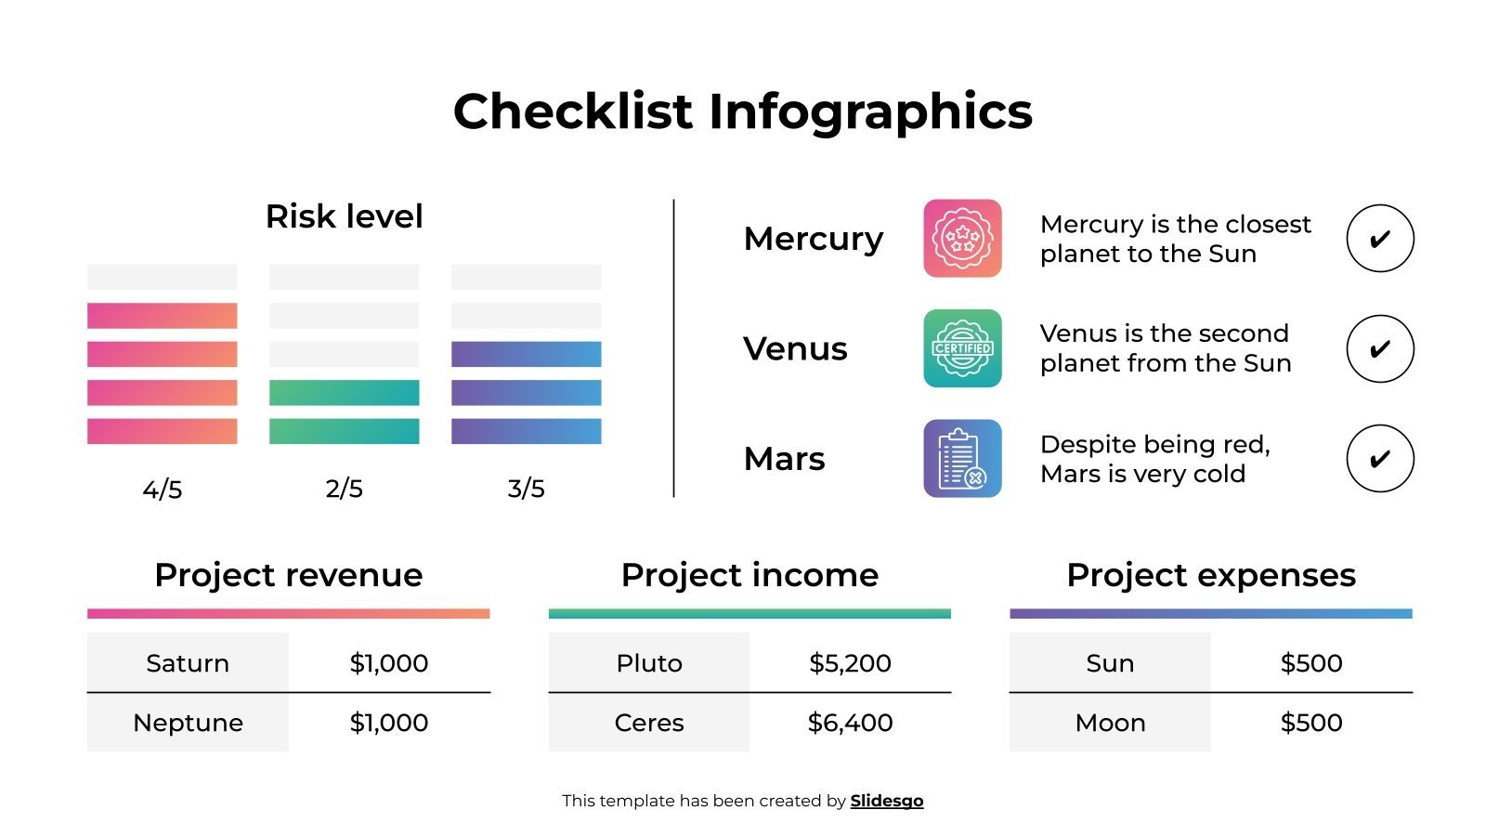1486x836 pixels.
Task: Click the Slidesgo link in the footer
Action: click(x=886, y=801)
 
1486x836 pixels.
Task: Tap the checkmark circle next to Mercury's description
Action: click(x=1379, y=239)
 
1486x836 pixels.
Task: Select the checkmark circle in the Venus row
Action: click(x=1379, y=348)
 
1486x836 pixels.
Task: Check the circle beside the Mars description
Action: click(x=1379, y=459)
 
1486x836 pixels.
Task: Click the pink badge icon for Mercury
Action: click(x=962, y=239)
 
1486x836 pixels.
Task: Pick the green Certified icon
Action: click(x=962, y=348)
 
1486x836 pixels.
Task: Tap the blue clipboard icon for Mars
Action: click(x=962, y=459)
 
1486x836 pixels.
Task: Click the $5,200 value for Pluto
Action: click(x=850, y=663)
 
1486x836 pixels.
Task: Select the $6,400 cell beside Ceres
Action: click(x=850, y=723)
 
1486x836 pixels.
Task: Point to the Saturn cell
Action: click(x=188, y=663)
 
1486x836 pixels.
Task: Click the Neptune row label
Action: click(x=188, y=723)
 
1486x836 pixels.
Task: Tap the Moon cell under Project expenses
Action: click(x=1110, y=723)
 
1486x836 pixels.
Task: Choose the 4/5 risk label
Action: click(x=163, y=489)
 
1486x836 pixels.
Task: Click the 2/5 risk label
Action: click(x=344, y=489)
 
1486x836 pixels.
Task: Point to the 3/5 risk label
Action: click(x=526, y=489)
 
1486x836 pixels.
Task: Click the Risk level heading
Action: click(x=344, y=216)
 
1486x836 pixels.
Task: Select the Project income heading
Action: click(x=750, y=575)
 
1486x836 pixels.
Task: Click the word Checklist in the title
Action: click(x=572, y=111)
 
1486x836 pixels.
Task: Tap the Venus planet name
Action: click(x=795, y=348)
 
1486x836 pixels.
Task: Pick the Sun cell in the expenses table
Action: click(x=1110, y=663)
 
